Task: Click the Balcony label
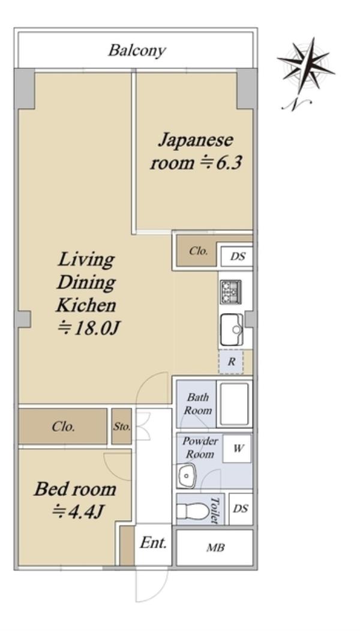click(137, 50)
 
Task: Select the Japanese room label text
click(196, 152)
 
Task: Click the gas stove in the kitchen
click(231, 292)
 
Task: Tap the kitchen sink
click(232, 329)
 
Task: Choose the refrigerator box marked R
click(231, 361)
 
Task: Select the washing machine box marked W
click(238, 448)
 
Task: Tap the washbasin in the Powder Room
click(186, 475)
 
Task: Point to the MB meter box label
click(215, 548)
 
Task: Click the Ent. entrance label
click(153, 543)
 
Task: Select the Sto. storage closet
click(122, 426)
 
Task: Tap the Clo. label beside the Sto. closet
click(63, 426)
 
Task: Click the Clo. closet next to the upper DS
click(197, 252)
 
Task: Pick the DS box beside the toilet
click(241, 509)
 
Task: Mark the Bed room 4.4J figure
click(79, 512)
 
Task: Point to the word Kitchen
click(86, 305)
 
